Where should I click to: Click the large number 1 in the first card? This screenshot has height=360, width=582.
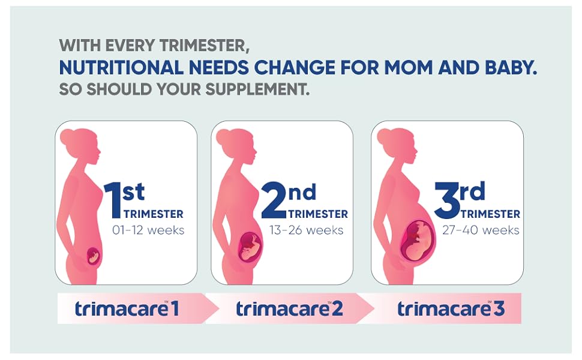tap(113, 200)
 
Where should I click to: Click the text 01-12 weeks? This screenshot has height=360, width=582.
tap(148, 230)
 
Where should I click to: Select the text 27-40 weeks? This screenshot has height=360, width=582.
tap(481, 230)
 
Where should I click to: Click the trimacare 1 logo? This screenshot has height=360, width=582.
tap(127, 309)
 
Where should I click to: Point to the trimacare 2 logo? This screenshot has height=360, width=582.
tap(289, 309)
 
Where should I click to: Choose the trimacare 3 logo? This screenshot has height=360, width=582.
tap(451, 309)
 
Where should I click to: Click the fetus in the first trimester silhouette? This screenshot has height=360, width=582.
tap(93, 256)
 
